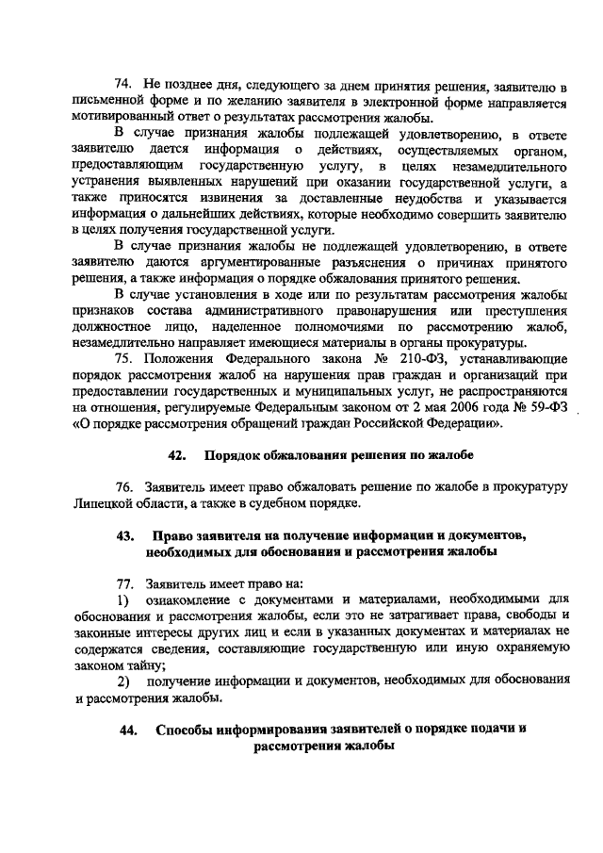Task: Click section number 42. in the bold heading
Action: (x=176, y=455)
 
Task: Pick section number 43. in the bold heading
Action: (x=124, y=535)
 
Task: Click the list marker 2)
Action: (x=122, y=680)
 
